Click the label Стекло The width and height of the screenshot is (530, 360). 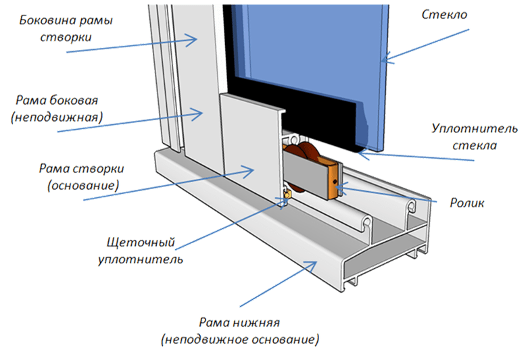click(444, 14)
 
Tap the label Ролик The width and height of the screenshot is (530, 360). click(466, 203)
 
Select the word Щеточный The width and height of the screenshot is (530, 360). click(141, 243)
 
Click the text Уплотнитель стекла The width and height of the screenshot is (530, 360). click(475, 136)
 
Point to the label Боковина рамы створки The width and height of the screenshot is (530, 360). click(66, 28)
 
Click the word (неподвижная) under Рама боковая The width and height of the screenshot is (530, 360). click(57, 118)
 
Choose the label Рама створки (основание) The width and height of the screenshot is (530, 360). click(81, 177)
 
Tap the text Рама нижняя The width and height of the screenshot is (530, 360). click(239, 323)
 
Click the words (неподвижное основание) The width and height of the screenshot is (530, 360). click(240, 339)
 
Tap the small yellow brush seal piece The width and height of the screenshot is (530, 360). click(288, 195)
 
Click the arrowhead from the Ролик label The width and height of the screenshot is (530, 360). click(341, 186)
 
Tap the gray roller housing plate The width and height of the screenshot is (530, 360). click(305, 175)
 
